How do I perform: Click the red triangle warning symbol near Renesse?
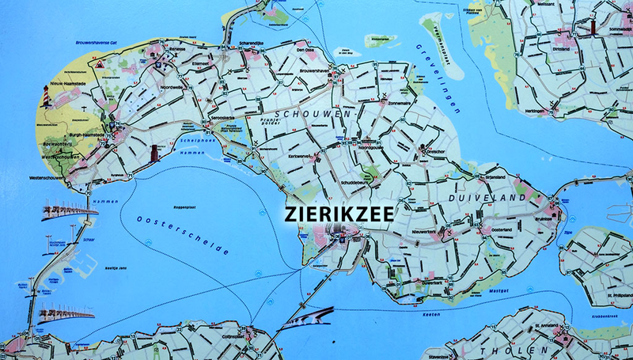(103, 60)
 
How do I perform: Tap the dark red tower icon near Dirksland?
(591, 28)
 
